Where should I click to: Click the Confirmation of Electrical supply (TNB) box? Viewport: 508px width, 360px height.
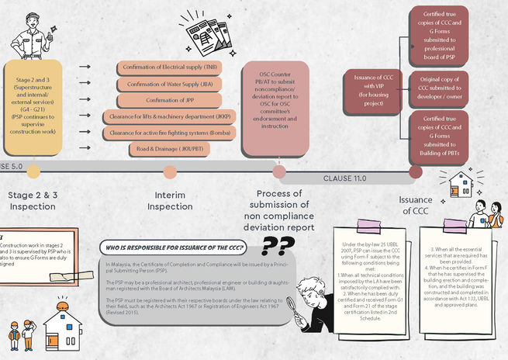tap(167, 67)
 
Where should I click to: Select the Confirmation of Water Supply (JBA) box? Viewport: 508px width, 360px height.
tap(167, 84)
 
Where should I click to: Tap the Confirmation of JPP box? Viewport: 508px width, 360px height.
tap(167, 100)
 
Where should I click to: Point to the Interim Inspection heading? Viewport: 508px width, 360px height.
tap(169, 200)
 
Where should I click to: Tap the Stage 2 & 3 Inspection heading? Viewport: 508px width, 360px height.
tap(32, 200)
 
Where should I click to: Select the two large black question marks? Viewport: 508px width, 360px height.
tap(277, 246)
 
